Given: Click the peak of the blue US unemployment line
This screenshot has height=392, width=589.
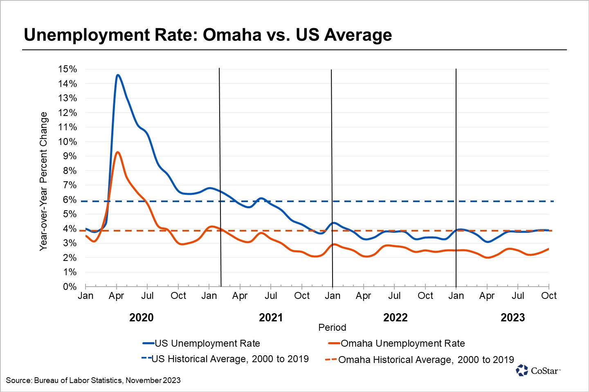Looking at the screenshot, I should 118,75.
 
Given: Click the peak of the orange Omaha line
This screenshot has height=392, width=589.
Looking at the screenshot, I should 118,152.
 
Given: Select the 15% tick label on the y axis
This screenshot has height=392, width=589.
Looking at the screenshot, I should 67,69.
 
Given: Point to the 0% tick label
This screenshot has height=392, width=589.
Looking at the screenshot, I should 70,287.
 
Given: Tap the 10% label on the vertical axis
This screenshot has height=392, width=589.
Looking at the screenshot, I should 67,142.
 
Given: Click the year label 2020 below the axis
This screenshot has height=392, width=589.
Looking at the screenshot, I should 142,318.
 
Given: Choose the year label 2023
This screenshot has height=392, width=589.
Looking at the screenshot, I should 513,318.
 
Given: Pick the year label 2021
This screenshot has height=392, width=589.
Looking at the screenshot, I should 271,318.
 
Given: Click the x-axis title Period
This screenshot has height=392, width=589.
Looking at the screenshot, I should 332,327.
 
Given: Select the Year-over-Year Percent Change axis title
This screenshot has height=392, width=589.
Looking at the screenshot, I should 43,181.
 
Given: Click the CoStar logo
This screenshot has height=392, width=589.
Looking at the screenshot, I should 538,370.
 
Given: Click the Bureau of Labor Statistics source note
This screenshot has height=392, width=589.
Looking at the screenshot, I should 93,381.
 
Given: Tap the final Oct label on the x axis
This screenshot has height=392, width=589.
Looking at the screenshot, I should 549,296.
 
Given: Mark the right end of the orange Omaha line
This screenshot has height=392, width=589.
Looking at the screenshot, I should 548,249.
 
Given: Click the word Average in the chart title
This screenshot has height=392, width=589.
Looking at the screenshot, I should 358,35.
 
